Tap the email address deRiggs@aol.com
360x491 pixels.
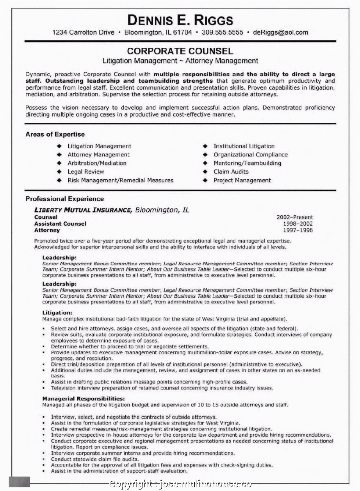(280, 32)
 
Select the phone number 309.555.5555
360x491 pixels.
(222, 32)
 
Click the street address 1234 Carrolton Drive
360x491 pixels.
(83, 32)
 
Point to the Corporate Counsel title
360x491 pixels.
(180, 51)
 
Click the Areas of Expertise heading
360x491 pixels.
(55, 135)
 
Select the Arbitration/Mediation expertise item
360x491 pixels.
(97, 163)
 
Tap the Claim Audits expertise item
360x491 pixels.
(231, 172)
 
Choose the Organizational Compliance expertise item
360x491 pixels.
(251, 155)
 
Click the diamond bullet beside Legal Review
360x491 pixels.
(59, 172)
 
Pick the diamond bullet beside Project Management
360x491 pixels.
(205, 180)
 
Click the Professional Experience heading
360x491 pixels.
(65, 199)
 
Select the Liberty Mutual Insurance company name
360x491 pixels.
(83, 210)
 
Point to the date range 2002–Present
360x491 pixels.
(295, 217)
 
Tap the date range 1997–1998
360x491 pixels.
(298, 230)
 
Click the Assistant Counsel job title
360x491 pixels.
(60, 224)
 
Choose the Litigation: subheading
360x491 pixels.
(57, 313)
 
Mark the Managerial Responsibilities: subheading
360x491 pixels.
(83, 398)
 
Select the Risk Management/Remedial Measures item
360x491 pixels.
(120, 180)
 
